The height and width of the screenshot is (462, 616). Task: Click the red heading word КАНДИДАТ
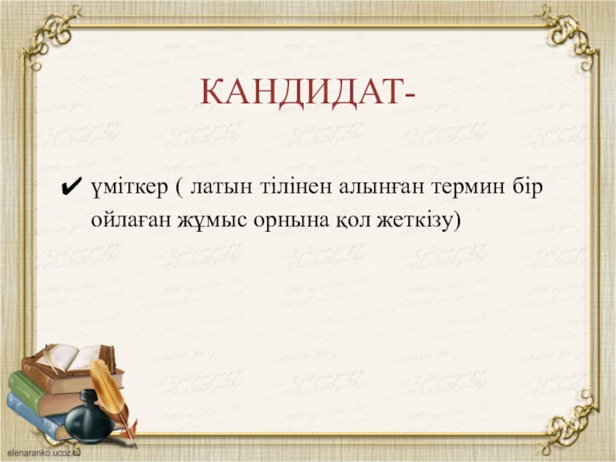300,92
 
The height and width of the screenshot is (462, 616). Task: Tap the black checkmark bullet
72,186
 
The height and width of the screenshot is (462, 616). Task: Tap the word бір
527,187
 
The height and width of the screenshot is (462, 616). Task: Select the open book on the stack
75,357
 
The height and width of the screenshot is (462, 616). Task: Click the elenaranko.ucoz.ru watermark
43,453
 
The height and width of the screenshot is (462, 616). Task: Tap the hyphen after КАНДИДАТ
408,95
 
